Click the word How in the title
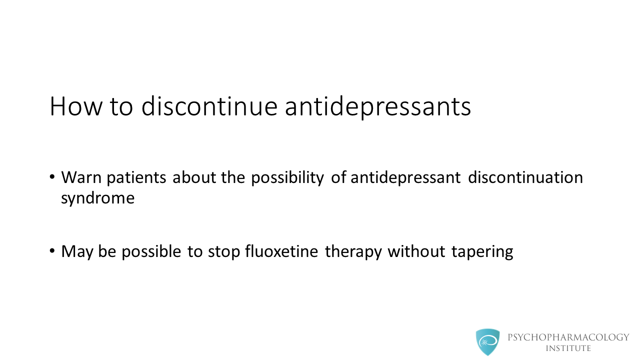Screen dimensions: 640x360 (x=76, y=106)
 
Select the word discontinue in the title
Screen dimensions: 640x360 (x=209, y=106)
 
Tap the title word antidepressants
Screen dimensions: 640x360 (x=378, y=107)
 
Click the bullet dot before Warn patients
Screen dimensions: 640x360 (x=52, y=176)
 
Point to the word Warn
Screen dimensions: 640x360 (x=81, y=177)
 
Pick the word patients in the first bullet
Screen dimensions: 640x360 (x=136, y=178)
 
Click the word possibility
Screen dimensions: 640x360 (x=287, y=178)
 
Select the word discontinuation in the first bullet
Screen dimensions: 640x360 (x=525, y=177)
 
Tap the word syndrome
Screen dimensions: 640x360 (x=97, y=199)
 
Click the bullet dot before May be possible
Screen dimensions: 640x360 (x=52, y=250)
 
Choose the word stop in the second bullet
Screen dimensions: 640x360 (x=224, y=252)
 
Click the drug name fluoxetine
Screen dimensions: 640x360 (x=281, y=251)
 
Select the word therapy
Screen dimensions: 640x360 (x=353, y=252)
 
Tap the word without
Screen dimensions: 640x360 (x=416, y=251)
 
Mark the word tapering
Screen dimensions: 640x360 (x=482, y=252)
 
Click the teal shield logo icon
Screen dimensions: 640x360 (x=487, y=342)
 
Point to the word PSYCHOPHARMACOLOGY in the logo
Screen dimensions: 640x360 (x=568, y=337)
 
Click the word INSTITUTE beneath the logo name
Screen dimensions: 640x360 (x=568, y=348)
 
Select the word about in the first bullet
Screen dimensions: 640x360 (x=194, y=177)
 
